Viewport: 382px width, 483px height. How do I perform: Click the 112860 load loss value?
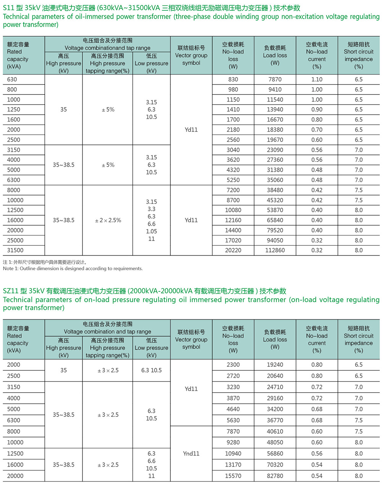[275, 250]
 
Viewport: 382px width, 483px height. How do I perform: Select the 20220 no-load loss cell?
[233, 250]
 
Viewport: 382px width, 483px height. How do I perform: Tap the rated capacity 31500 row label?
[15, 250]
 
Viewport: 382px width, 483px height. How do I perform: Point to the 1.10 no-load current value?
[317, 80]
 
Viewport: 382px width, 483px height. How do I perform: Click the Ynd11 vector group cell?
[191, 454]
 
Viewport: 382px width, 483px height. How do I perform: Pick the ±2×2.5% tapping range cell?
[108, 220]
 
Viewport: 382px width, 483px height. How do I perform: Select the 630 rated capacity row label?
[12, 80]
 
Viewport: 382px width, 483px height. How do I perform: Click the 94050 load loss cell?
[275, 241]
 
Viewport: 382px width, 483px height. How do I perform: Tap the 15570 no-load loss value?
[233, 476]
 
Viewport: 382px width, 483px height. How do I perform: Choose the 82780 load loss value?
[275, 476]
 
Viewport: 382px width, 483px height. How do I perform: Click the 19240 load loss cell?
[275, 365]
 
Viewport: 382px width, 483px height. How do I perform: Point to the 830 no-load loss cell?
[233, 80]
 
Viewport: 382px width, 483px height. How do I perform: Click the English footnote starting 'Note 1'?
[73, 268]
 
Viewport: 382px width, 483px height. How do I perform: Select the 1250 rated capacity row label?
[14, 110]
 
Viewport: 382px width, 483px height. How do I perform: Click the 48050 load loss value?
[275, 442]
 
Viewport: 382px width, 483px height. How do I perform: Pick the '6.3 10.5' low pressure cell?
[151, 370]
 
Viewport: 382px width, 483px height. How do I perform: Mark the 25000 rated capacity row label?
[15, 241]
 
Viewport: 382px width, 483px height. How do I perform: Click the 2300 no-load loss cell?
[233, 365]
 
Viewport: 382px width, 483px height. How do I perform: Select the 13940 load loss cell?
[275, 110]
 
